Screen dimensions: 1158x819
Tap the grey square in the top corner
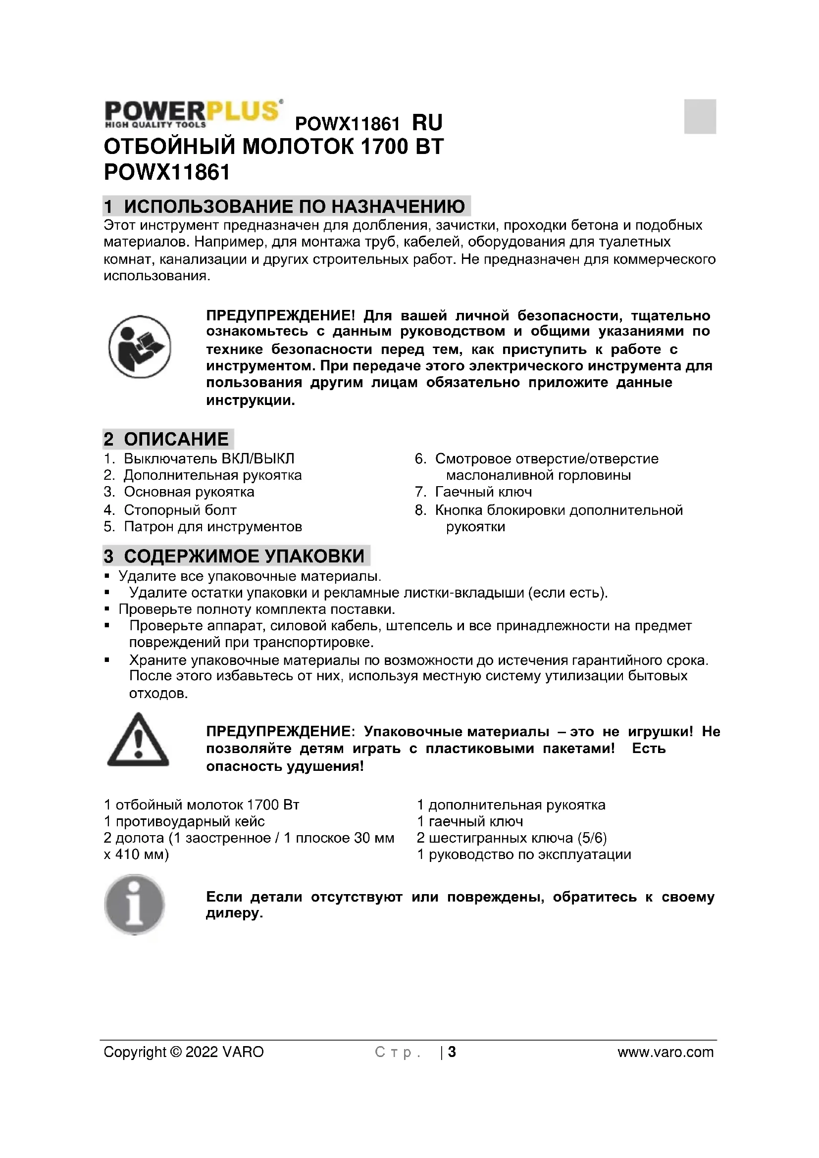pos(700,116)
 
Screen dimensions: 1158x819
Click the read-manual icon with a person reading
pos(140,347)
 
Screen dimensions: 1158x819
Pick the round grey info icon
pos(135,905)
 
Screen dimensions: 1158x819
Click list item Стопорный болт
pos(180,510)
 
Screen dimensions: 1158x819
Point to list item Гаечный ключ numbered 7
pos(483,492)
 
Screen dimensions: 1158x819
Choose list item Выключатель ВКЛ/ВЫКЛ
pos(209,458)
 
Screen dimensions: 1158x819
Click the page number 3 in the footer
pos(452,1052)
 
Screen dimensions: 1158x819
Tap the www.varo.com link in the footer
pos(665,1052)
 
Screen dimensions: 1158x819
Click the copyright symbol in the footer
pos(176,1052)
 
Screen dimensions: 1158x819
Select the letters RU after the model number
pos(427,123)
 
